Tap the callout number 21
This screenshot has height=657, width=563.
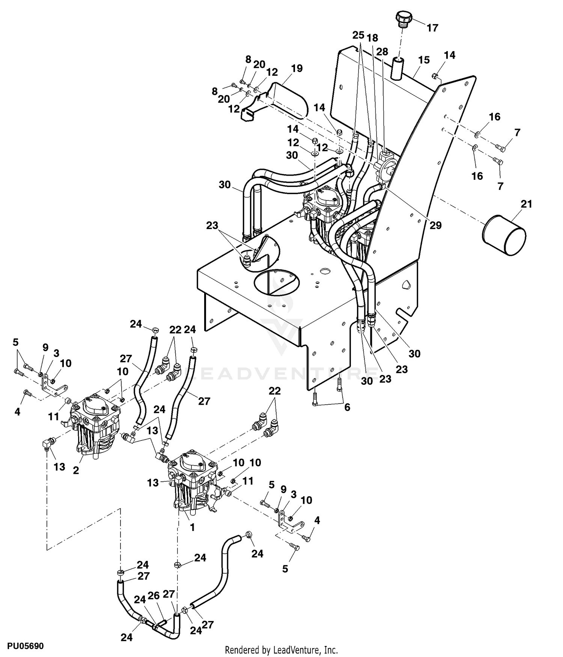[526, 204]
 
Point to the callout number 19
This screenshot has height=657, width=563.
[297, 68]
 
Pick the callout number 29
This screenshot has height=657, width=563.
[436, 225]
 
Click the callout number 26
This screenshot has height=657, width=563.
[154, 595]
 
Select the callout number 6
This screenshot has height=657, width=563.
[347, 407]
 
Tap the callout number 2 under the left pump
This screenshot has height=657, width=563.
[76, 470]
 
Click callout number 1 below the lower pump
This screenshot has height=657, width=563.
[192, 527]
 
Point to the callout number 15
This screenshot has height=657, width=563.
[424, 60]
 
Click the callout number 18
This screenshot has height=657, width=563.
[372, 38]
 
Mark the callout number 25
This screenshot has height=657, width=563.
[358, 35]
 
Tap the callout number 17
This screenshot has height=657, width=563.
[432, 28]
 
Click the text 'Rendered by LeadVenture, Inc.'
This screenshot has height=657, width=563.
[281, 649]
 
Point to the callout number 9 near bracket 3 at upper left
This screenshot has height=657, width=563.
[45, 347]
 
